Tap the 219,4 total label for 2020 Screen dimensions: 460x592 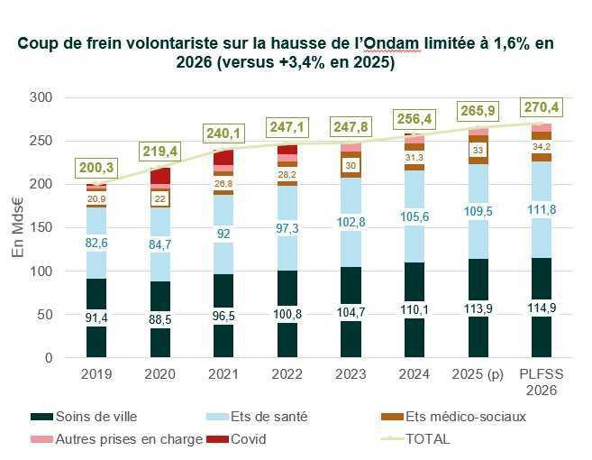159,151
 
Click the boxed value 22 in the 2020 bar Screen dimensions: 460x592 159,198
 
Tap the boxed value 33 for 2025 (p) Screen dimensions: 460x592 478,150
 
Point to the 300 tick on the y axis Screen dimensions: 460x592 41,97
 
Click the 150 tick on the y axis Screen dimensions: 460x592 41,228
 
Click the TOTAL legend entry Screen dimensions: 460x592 428,439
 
